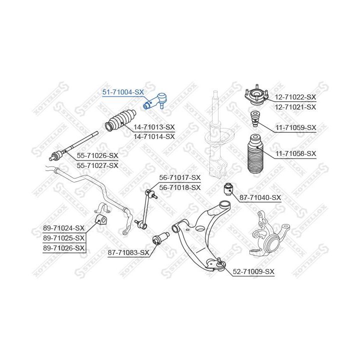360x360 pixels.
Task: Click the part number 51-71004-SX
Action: (x=123, y=92)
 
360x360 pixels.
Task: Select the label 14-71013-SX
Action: (x=154, y=127)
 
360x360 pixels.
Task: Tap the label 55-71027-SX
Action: (x=97, y=165)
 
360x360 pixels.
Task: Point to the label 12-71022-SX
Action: (x=296, y=97)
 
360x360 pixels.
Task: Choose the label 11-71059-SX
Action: (x=296, y=127)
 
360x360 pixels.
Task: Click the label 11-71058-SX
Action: (x=296, y=153)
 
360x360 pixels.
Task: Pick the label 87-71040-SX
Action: (x=260, y=198)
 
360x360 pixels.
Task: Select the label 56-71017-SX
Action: (x=179, y=177)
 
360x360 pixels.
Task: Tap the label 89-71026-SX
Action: (x=64, y=247)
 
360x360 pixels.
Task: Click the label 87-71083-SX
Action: (x=129, y=253)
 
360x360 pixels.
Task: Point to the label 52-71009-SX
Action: (x=254, y=271)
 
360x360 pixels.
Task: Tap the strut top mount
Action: (x=255, y=95)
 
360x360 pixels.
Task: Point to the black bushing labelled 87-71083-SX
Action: (x=161, y=239)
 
